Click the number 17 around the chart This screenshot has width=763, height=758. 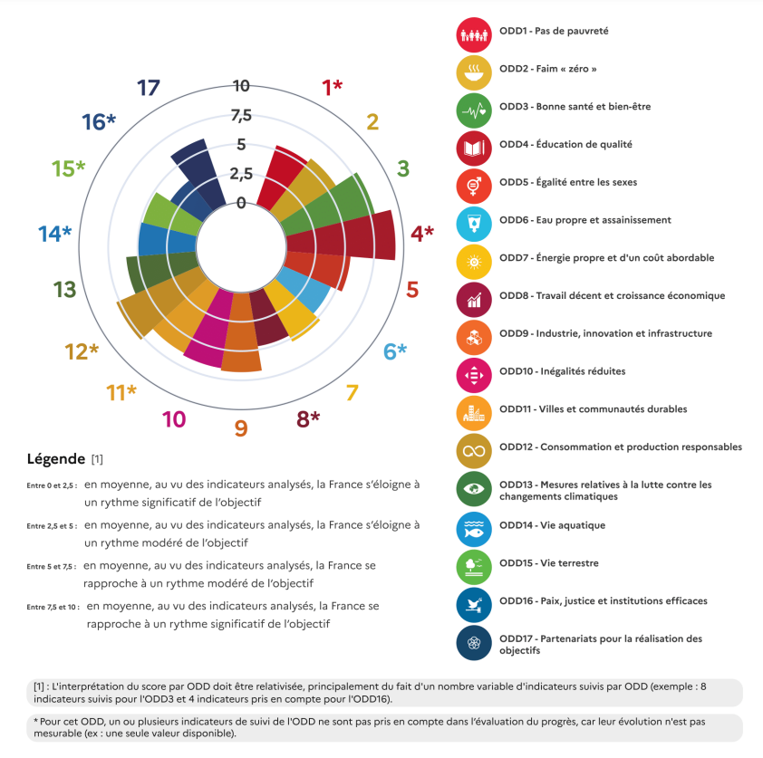[x=149, y=88]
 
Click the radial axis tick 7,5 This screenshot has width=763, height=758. [x=241, y=115]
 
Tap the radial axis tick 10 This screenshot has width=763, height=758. [x=241, y=86]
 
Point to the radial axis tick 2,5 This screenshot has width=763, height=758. [x=241, y=173]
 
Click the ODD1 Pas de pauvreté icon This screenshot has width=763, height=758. [x=474, y=34]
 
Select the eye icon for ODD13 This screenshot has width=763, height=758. [x=474, y=490]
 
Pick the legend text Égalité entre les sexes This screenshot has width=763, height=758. [x=585, y=182]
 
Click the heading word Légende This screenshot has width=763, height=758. [x=56, y=459]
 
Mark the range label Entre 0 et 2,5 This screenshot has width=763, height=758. [x=52, y=486]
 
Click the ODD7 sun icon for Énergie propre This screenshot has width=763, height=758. [x=474, y=261]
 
